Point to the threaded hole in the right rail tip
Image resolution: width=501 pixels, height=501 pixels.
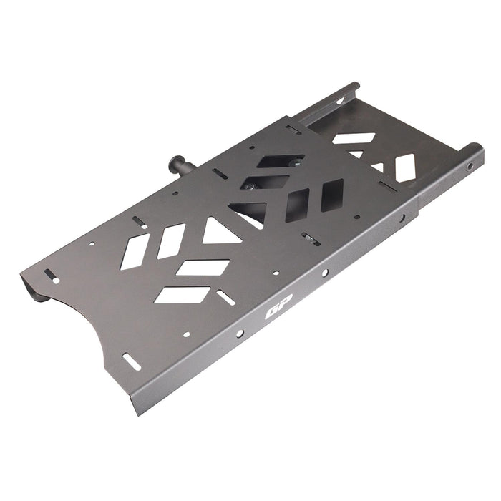tap(470, 166)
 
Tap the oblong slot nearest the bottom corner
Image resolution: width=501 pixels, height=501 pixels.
tap(132, 361)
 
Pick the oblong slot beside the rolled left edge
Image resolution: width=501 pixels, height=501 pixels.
tap(52, 276)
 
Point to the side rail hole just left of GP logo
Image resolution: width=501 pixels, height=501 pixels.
tap(240, 334)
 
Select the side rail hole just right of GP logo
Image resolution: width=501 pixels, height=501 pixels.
tap(324, 273)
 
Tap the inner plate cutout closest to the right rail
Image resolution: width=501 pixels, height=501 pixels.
tap(405, 168)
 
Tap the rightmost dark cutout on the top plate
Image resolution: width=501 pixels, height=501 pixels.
tap(331, 195)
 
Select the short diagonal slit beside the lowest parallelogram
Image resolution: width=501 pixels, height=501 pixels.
tap(226, 297)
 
